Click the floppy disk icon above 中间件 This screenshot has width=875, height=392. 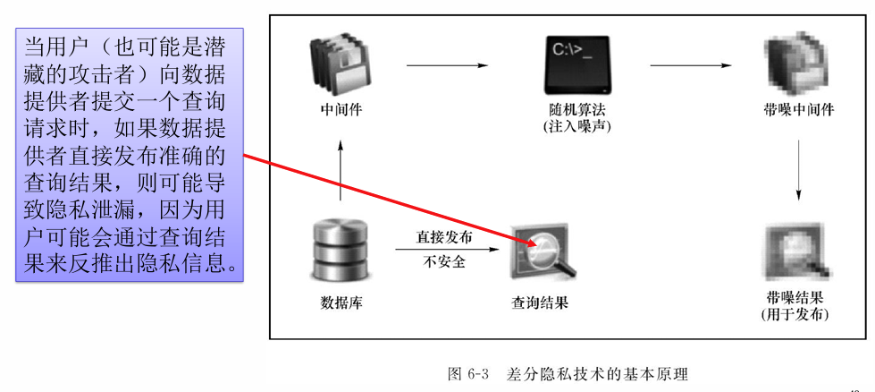click(339, 66)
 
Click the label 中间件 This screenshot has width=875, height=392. click(341, 110)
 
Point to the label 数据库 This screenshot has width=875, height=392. click(341, 303)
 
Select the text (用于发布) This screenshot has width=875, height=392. click(794, 314)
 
